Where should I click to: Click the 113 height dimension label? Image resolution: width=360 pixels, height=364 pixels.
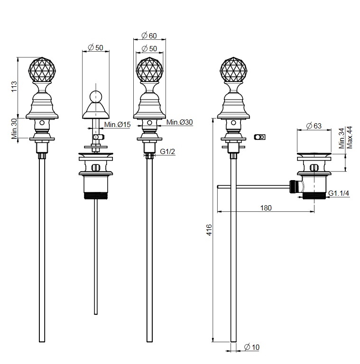click(x=14, y=87)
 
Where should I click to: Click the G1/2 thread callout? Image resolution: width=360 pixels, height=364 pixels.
click(x=168, y=152)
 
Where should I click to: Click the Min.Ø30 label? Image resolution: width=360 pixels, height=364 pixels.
click(x=180, y=122)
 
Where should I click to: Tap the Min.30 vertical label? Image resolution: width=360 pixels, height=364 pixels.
click(x=14, y=128)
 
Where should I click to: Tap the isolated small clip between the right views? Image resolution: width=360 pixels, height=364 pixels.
click(x=259, y=137)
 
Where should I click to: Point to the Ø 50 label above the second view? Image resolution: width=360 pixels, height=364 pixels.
click(x=96, y=47)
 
